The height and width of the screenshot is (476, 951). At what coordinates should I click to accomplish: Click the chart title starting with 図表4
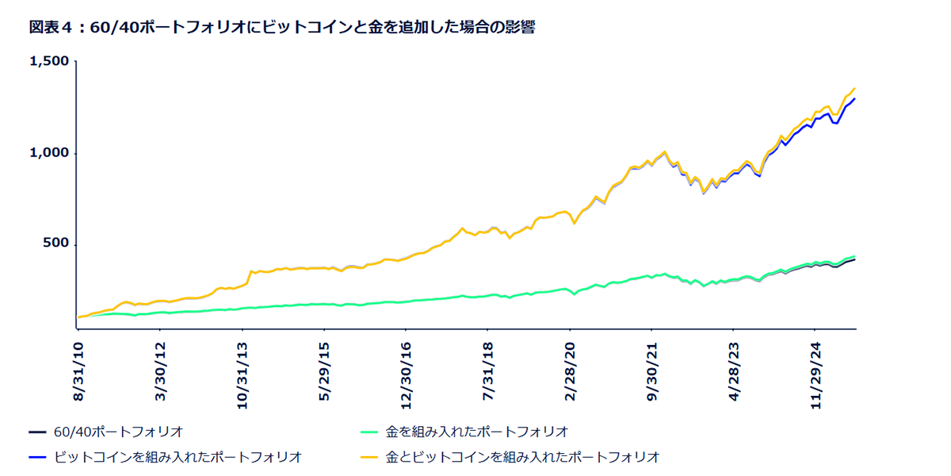[282, 27]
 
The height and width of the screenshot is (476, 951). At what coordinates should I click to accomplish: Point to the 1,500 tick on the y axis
[48, 61]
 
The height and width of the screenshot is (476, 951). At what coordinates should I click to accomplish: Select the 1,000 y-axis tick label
[48, 153]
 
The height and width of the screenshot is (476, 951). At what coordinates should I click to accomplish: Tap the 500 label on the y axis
[55, 244]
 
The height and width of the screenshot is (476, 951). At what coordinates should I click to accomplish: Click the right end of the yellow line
[854, 88]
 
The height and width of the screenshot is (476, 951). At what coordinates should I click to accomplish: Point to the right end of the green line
[854, 256]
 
